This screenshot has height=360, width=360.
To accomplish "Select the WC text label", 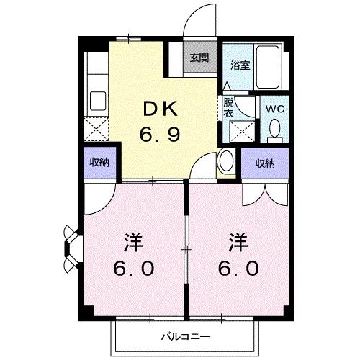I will click(274, 109).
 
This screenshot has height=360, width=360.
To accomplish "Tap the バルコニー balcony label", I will click(184, 336).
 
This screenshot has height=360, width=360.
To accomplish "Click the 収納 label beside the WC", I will click(264, 163).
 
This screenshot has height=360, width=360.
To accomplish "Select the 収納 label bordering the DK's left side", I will click(99, 163).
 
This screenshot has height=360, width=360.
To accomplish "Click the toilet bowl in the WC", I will click(274, 130).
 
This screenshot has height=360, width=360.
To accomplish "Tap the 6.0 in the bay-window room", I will click(133, 269).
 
